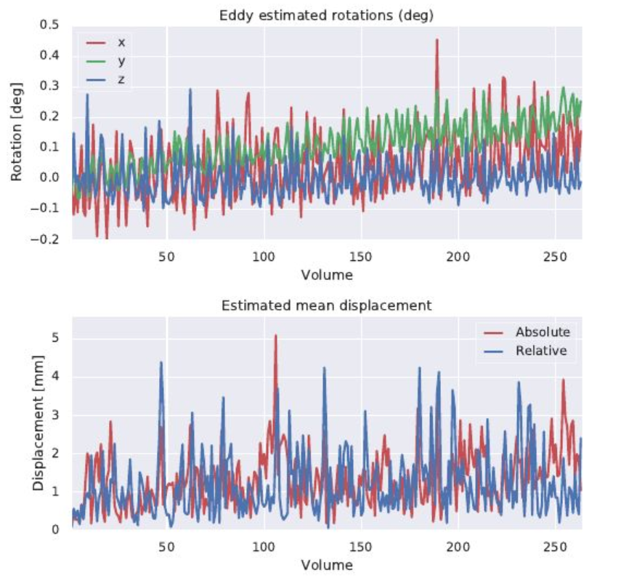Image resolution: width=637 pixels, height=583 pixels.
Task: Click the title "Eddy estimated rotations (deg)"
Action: tap(326, 15)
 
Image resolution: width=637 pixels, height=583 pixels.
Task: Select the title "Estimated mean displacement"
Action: tap(326, 305)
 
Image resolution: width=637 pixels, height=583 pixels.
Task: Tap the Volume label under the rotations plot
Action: tap(326, 276)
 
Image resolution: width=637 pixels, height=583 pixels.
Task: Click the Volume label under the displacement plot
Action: tap(326, 565)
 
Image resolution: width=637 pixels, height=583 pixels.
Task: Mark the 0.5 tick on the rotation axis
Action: tap(50, 25)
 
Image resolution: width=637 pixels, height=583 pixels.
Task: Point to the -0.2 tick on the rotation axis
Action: tap(48, 240)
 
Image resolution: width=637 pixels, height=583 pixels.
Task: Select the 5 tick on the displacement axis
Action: tap(55, 338)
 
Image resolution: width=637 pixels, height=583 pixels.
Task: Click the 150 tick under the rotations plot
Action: tap(360, 257)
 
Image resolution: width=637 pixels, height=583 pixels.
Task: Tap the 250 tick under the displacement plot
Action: tap(555, 546)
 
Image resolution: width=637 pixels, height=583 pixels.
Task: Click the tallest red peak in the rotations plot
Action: tap(437, 41)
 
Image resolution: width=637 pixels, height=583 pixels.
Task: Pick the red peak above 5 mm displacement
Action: tap(275, 336)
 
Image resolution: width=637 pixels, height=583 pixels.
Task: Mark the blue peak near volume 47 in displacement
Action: tap(161, 363)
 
